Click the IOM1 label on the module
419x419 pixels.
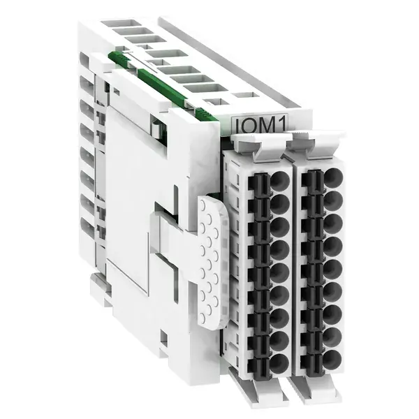(260, 125)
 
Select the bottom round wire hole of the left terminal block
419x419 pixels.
(279, 364)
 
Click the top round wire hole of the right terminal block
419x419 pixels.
(334, 177)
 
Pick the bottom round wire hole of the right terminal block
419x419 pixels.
(332, 360)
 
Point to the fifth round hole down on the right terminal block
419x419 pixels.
(333, 269)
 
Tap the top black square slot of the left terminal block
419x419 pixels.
(258, 182)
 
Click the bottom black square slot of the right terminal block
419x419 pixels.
(312, 362)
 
